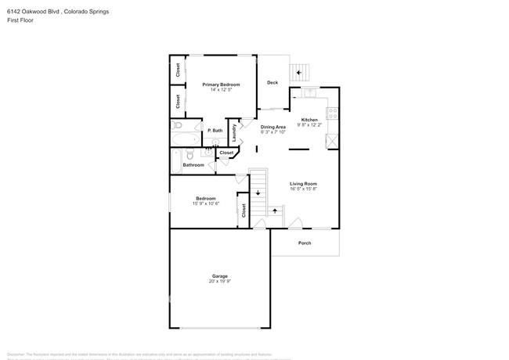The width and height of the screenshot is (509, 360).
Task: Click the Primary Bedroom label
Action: tap(220, 85)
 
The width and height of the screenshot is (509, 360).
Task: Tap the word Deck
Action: tap(273, 83)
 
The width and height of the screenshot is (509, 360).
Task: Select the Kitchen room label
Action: tap(310, 120)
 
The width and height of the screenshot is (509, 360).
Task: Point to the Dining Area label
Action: tap(273, 127)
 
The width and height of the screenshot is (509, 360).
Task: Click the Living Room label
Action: tap(303, 184)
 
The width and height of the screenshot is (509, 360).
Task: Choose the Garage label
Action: tap(220, 276)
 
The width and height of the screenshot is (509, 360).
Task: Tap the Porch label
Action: tap(305, 243)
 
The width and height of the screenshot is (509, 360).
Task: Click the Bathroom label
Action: tap(193, 165)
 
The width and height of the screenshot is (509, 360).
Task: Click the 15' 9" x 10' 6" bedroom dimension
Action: tap(207, 203)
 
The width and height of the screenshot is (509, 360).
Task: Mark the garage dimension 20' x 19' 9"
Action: tap(220, 282)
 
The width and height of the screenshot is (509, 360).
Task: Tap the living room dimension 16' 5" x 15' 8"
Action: tap(303, 189)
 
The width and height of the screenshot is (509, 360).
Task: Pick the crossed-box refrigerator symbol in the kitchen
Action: tap(331, 141)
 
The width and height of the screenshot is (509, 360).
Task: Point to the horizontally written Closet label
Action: tap(226, 153)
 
